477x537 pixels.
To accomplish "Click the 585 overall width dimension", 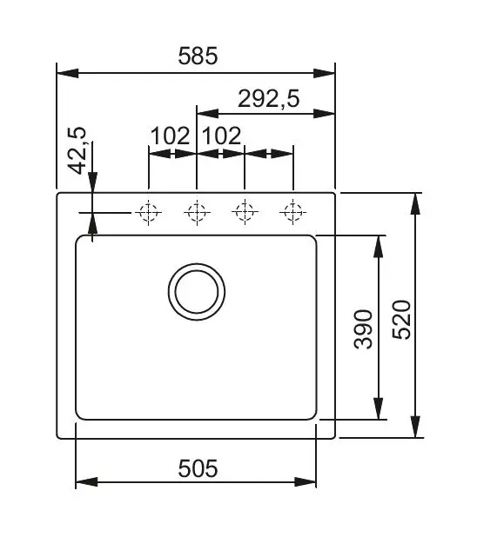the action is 198,56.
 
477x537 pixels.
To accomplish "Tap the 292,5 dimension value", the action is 269,99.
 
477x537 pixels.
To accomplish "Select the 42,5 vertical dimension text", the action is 77,150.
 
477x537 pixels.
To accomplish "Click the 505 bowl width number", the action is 198,468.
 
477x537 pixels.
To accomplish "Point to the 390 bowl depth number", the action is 363,329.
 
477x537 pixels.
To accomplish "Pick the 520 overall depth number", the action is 401,320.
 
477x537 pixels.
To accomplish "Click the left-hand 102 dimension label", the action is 171,136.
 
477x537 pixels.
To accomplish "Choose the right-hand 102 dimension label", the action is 222,136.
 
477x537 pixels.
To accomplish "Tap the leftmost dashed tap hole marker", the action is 148,212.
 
